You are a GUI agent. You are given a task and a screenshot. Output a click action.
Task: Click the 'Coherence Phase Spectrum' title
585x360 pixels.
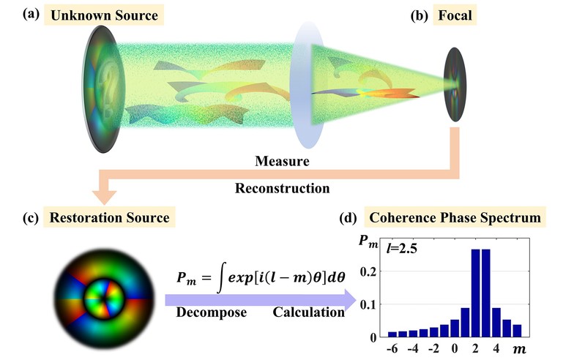pyautogui.click(x=454, y=218)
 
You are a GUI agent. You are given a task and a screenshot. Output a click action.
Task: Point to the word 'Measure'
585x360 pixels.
pyautogui.click(x=282, y=160)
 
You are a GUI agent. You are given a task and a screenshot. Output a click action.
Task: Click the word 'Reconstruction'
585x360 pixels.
pyautogui.click(x=282, y=188)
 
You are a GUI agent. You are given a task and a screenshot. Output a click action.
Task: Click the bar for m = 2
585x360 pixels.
pyautogui.click(x=477, y=293)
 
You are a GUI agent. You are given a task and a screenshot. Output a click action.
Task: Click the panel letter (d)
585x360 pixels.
pyautogui.click(x=350, y=218)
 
